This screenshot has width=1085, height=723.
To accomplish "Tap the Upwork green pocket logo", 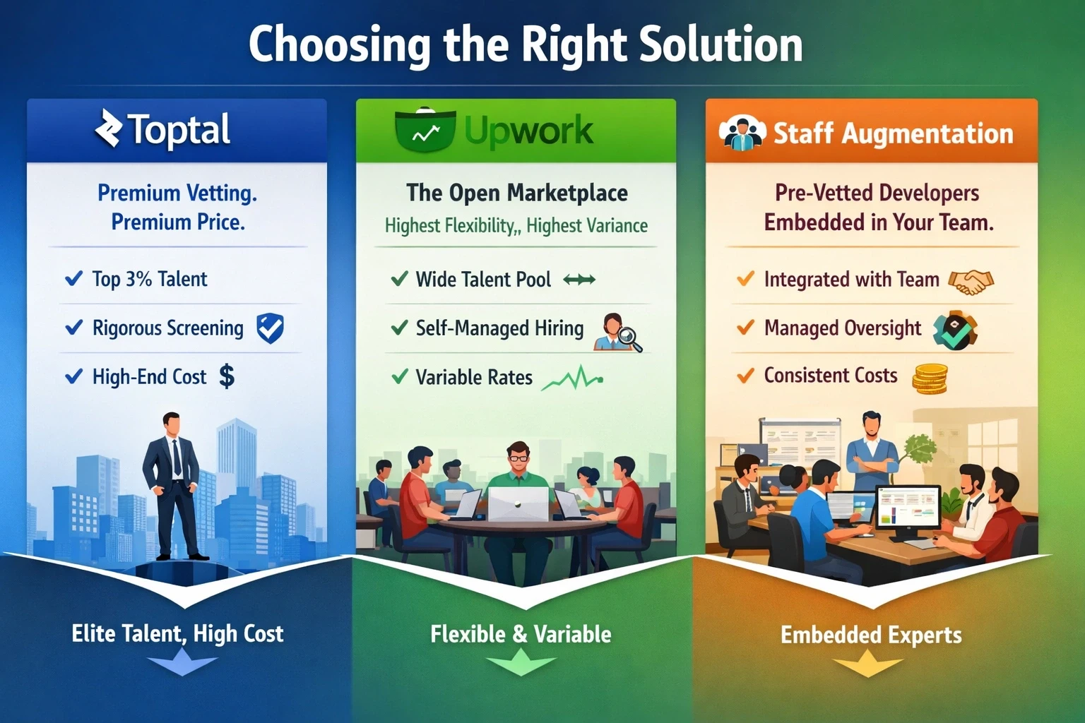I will [425, 131].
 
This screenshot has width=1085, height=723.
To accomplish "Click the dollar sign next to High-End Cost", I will [227, 376].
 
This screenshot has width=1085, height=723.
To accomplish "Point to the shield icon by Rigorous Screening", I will [270, 328].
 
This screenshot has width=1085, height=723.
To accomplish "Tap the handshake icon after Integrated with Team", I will [971, 281].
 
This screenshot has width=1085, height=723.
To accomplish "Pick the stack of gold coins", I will [930, 379].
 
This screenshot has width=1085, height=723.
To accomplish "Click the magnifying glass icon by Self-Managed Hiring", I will [629, 340].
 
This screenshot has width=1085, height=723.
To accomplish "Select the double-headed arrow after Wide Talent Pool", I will [579, 280].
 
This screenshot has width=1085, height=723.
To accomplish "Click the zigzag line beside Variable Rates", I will [572, 379].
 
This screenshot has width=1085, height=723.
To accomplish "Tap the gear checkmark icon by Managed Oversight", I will [955, 330].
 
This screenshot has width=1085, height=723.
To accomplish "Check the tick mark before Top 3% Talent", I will [73, 279].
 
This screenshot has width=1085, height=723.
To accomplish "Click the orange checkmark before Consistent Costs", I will [745, 376].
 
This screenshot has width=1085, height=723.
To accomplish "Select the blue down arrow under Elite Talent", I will [182, 663].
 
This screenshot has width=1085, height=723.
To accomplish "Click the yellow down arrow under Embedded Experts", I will [867, 664].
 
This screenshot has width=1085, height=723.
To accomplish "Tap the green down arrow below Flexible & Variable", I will [521, 663].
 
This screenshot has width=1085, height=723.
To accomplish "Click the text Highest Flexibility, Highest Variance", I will [516, 226].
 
